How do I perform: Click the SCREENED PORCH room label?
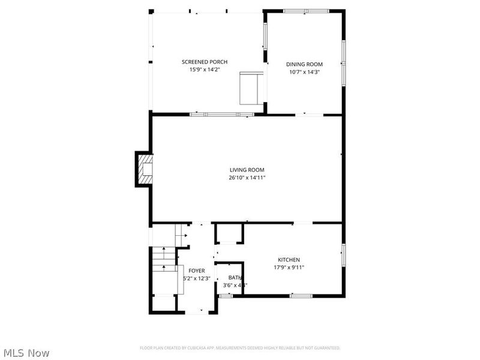point(205,62)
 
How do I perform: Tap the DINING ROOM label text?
point(304,64)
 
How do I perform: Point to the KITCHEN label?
point(289,260)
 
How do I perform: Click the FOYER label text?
point(197,271)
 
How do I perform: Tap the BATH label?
point(235,278)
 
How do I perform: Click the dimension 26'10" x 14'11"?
point(247,178)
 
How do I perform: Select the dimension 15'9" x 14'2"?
point(205,70)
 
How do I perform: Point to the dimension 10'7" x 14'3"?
point(304,72)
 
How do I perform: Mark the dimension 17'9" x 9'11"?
point(289,268)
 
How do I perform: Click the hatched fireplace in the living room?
point(145,169)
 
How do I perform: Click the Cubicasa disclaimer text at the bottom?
point(240,347)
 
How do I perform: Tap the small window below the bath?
point(226,296)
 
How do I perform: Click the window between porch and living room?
point(222,114)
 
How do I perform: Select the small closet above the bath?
point(229,233)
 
